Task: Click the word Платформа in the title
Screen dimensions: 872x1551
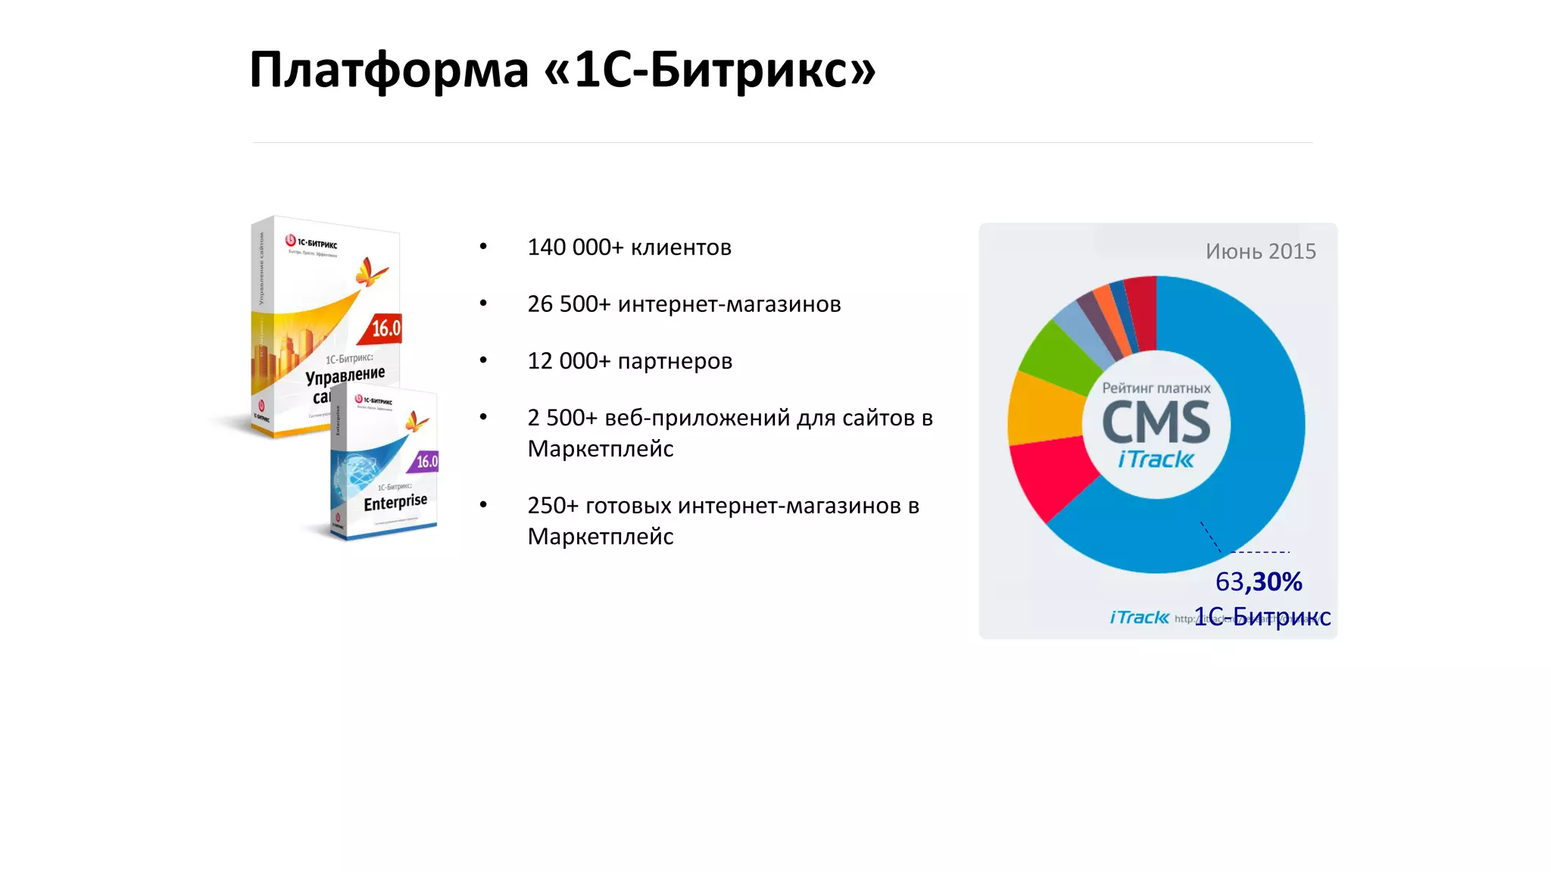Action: pyautogui.click(x=389, y=70)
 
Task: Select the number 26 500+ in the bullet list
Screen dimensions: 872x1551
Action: pyautogui.click(x=569, y=304)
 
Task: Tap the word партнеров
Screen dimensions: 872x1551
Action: pyautogui.click(x=675, y=361)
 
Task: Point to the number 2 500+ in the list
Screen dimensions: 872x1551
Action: pyautogui.click(x=563, y=418)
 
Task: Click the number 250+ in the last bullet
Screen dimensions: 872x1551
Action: pyautogui.click(x=553, y=506)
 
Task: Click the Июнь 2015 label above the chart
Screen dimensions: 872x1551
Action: pyautogui.click(x=1260, y=251)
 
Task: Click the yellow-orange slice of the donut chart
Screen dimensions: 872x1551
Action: pyautogui.click(x=1045, y=409)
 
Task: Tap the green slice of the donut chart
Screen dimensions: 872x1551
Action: pyautogui.click(x=1060, y=350)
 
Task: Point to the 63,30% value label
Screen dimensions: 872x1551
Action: pyautogui.click(x=1259, y=581)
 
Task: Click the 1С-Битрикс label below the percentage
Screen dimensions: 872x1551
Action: pyautogui.click(x=1262, y=617)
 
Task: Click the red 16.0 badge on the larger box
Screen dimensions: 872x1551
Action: pyautogui.click(x=385, y=329)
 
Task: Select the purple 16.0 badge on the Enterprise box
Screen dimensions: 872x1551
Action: pyautogui.click(x=426, y=461)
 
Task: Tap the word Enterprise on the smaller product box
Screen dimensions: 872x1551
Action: pyautogui.click(x=395, y=502)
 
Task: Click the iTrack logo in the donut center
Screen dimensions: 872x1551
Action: pyautogui.click(x=1156, y=459)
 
